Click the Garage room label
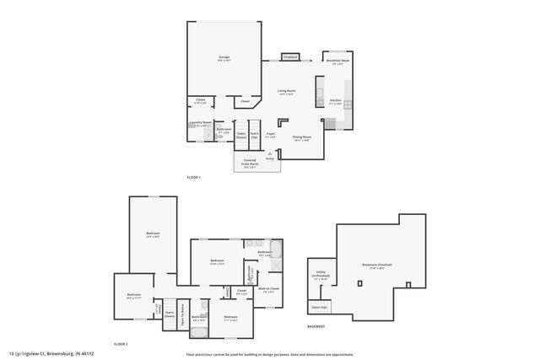[x=224, y=58]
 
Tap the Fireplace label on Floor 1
[x=290, y=56]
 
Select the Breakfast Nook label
[x=337, y=61]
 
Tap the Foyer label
[x=271, y=134]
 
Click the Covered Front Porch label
[x=250, y=162]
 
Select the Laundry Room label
[x=200, y=123]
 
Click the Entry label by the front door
[x=270, y=158]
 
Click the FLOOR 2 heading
[x=121, y=344]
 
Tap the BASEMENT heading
[x=316, y=325]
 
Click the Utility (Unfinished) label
[x=319, y=277]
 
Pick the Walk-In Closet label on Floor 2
[x=269, y=289]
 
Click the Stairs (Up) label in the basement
[x=318, y=307]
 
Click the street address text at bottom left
[x=51, y=353]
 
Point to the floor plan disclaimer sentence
[x=270, y=353]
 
